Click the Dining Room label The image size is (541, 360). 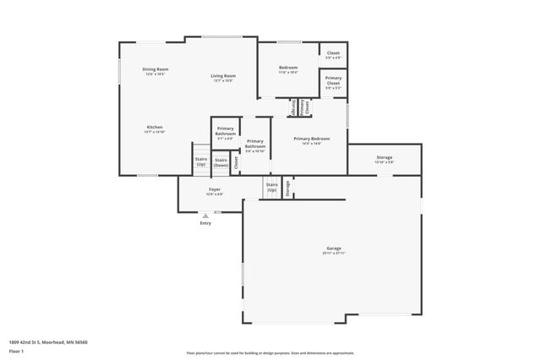[155, 69]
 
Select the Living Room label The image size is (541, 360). [223, 76]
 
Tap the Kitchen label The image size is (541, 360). [154, 128]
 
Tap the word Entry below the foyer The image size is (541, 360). [205, 223]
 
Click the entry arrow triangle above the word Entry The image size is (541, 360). [205, 215]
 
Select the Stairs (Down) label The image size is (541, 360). [221, 162]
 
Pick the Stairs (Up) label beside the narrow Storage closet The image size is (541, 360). [271, 187]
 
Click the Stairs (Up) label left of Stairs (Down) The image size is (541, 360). [201, 161]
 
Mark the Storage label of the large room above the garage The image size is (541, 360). [385, 157]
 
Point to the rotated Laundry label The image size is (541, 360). [293, 107]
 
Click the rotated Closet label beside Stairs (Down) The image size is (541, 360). [237, 161]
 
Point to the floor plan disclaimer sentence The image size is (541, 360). [270, 353]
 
